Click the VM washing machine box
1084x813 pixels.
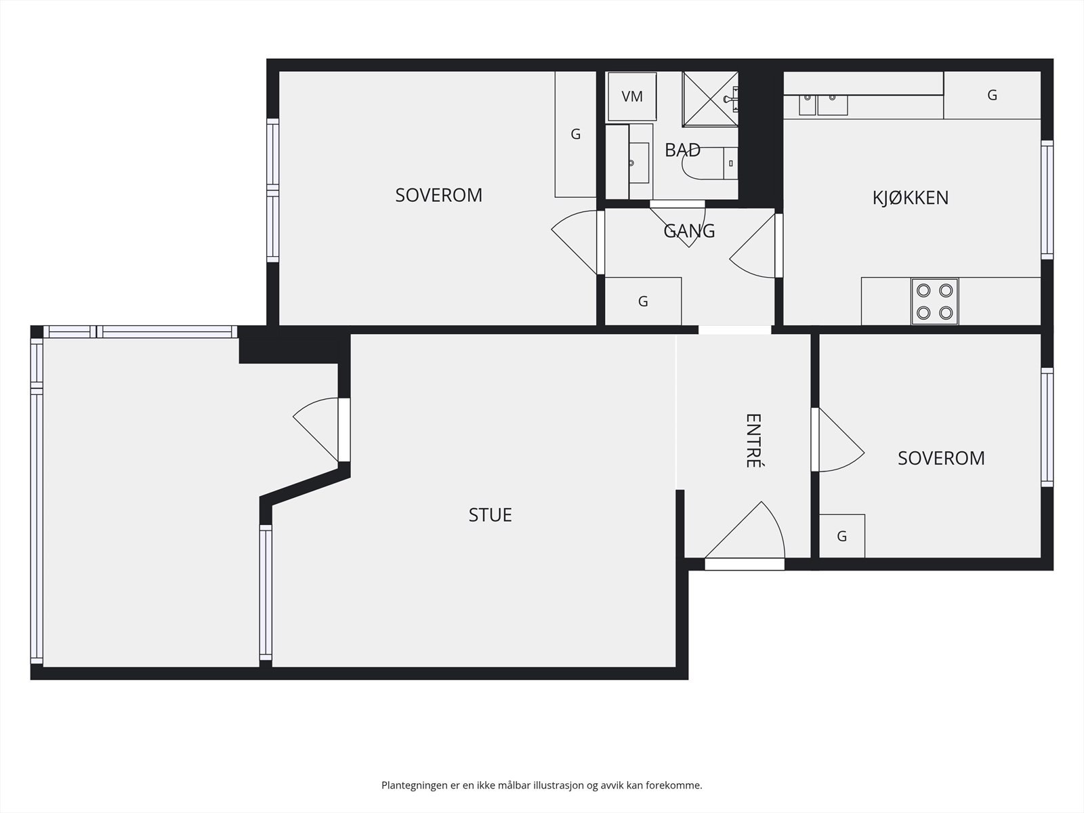[x=631, y=97]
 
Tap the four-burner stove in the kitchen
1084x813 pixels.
[x=934, y=301]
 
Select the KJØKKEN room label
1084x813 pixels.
[x=910, y=198]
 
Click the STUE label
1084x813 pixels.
[x=490, y=515]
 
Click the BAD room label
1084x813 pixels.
[x=682, y=150]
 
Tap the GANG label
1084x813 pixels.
[x=689, y=231]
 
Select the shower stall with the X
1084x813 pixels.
[x=708, y=99]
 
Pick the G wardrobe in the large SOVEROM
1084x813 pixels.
[x=575, y=134]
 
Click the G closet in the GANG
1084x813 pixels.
[x=643, y=301]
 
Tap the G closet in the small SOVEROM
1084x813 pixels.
[x=841, y=537]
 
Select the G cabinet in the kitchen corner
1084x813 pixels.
[x=992, y=96]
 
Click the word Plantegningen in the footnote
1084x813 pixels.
[x=415, y=786]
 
